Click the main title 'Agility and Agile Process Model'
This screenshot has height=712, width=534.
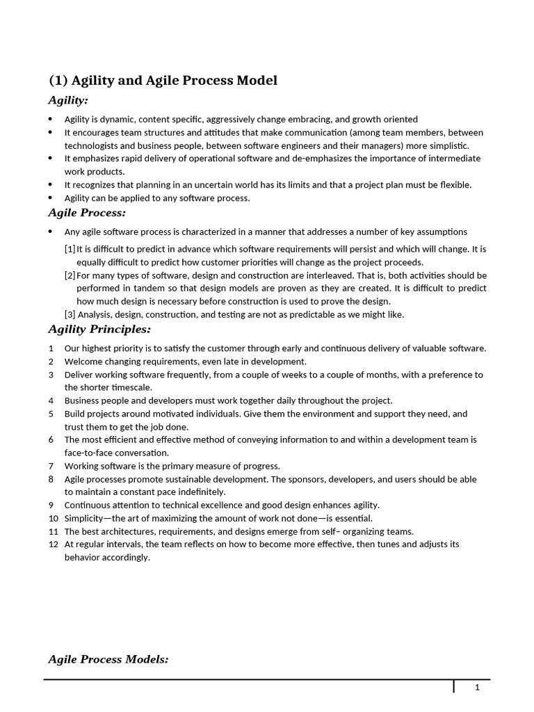tap(163, 81)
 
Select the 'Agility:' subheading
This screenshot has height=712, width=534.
tap(68, 101)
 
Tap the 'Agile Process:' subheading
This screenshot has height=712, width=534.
tap(87, 213)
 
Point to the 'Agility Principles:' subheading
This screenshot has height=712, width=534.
tap(99, 329)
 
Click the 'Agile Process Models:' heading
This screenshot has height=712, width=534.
tap(108, 659)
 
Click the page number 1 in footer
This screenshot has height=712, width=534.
tap(477, 688)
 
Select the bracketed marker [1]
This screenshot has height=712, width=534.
tap(70, 249)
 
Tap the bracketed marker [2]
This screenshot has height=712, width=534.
tap(70, 275)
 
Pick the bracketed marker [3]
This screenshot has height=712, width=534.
tap(70, 314)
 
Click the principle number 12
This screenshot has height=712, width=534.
tap(54, 544)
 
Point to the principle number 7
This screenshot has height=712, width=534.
tap(51, 466)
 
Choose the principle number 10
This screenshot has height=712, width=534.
tap(54, 519)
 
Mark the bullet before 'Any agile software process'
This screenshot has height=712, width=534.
tap(51, 232)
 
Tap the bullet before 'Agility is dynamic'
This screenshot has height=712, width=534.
tap(51, 119)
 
